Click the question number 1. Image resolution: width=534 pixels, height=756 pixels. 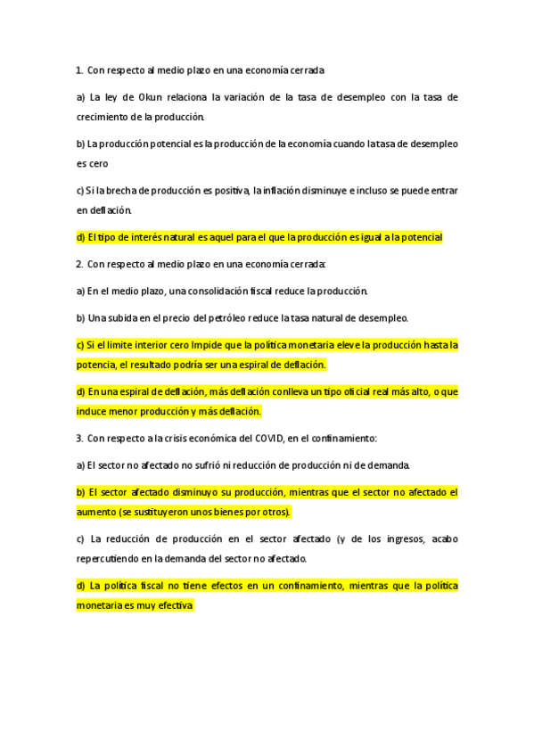pyautogui.click(x=78, y=70)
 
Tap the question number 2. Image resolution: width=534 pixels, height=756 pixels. pyautogui.click(x=78, y=265)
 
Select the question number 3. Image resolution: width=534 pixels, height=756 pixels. pyautogui.click(x=78, y=438)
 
